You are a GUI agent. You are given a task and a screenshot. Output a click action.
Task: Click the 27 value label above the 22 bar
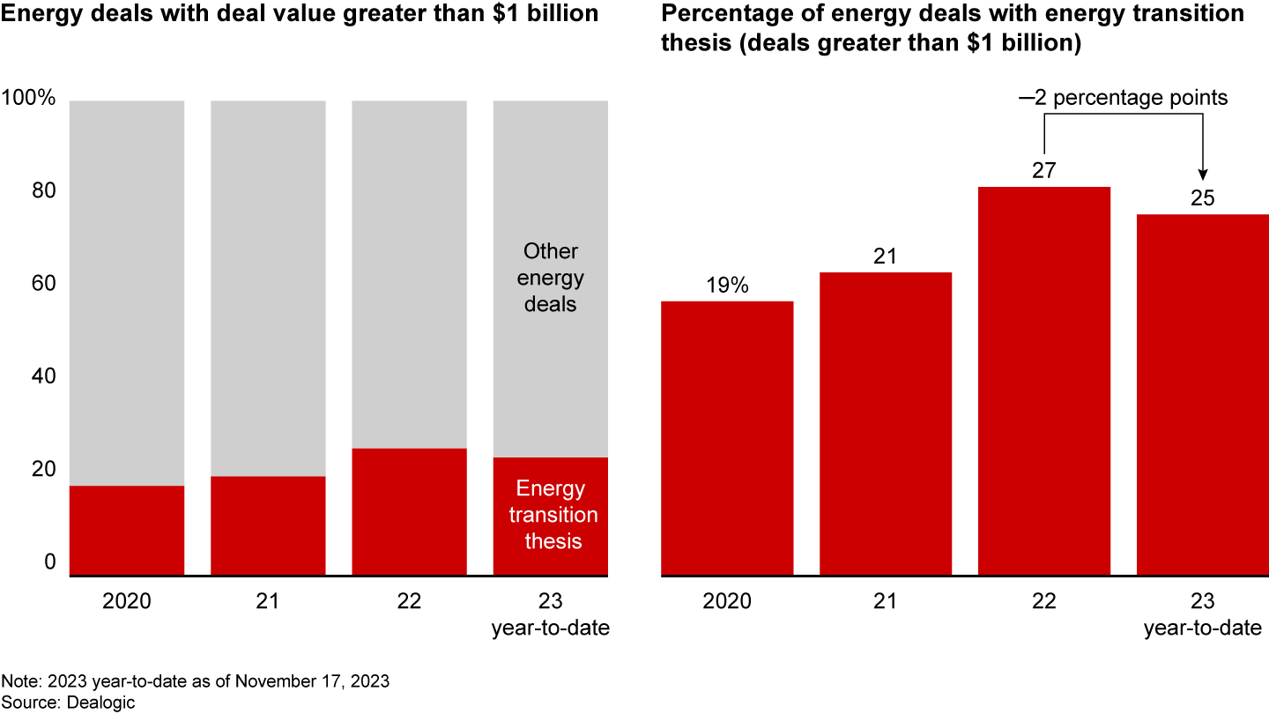tap(1043, 170)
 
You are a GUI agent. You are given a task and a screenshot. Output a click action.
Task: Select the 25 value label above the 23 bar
tap(1202, 198)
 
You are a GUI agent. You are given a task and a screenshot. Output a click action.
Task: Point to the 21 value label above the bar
tap(885, 256)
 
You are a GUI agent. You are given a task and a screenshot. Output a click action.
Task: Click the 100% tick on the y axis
tap(29, 99)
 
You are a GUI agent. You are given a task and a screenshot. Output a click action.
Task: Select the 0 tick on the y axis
tap(49, 562)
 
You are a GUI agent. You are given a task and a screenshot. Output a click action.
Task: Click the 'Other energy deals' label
tap(550, 278)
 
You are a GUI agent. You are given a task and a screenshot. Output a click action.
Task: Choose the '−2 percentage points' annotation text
tap(1124, 98)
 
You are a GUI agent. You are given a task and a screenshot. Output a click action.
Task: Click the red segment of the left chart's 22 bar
tap(409, 512)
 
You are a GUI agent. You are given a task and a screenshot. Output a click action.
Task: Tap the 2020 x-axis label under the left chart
tap(127, 602)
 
